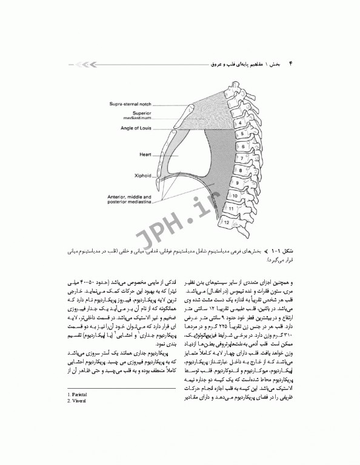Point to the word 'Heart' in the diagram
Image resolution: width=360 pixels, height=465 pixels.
point(144,155)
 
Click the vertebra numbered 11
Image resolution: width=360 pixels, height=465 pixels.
point(230,209)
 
